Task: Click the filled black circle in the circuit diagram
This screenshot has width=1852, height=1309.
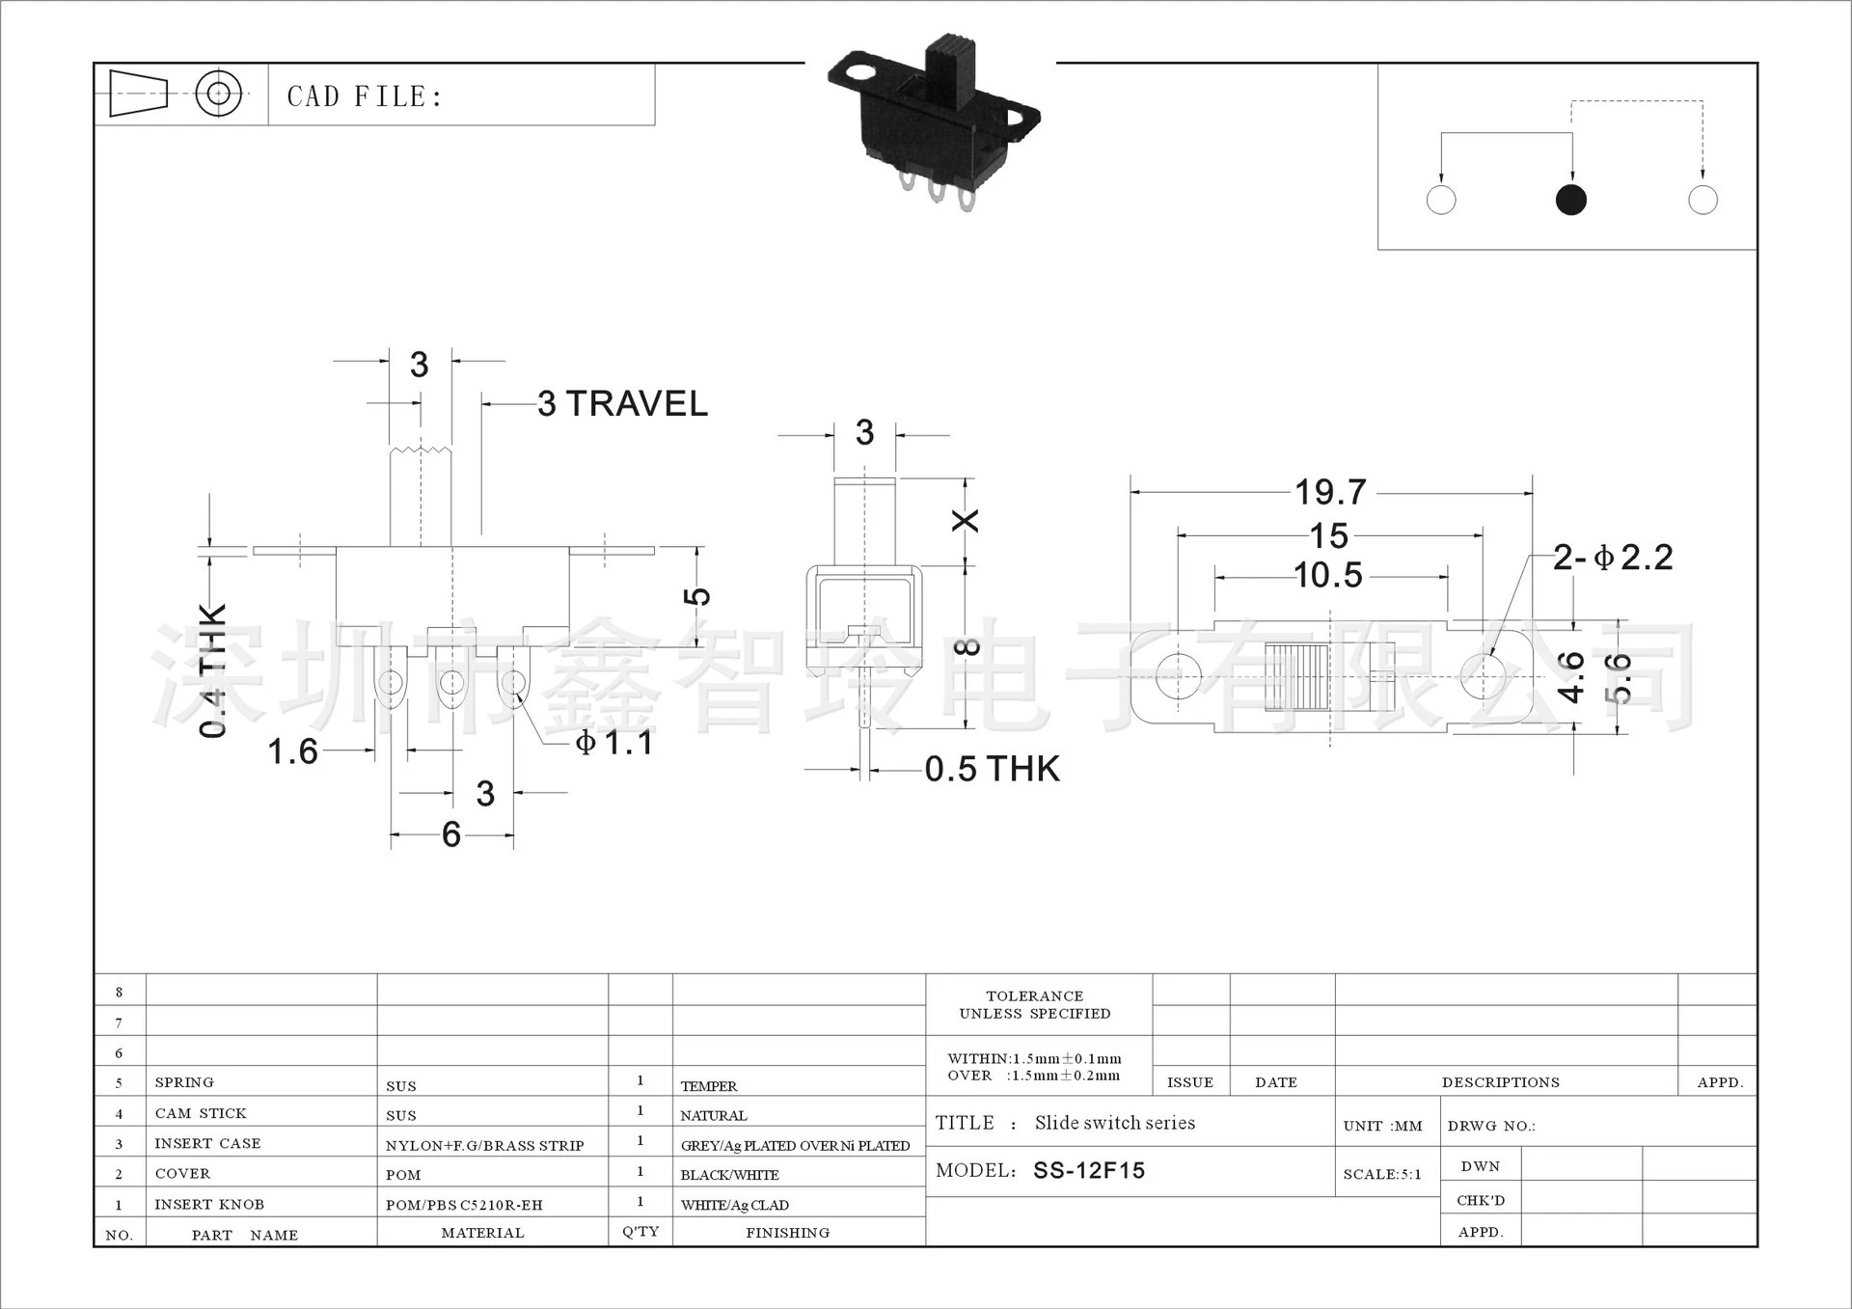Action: (1571, 200)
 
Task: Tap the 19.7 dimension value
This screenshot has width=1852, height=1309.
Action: (1330, 493)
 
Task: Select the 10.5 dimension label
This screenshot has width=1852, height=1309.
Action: (1328, 576)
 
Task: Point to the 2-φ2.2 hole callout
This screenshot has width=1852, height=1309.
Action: (1613, 558)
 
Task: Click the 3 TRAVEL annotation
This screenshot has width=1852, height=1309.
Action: (622, 403)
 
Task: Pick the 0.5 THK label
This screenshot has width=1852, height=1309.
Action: (992, 769)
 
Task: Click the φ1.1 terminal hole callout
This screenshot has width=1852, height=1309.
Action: (614, 743)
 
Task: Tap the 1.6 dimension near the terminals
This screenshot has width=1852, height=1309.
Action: (292, 751)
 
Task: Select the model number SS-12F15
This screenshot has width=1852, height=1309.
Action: (1089, 1170)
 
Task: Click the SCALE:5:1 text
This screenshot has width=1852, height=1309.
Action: (1382, 1174)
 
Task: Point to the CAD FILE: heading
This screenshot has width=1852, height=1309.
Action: (365, 96)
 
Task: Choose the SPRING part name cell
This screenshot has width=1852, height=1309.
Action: (184, 1082)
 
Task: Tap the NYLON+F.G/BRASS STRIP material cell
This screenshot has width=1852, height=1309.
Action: (484, 1146)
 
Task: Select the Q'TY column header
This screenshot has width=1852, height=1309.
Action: (640, 1232)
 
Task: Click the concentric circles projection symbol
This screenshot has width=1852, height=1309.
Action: (219, 94)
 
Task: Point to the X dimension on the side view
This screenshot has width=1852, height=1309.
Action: (966, 521)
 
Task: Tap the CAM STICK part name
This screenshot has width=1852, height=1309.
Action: (201, 1113)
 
